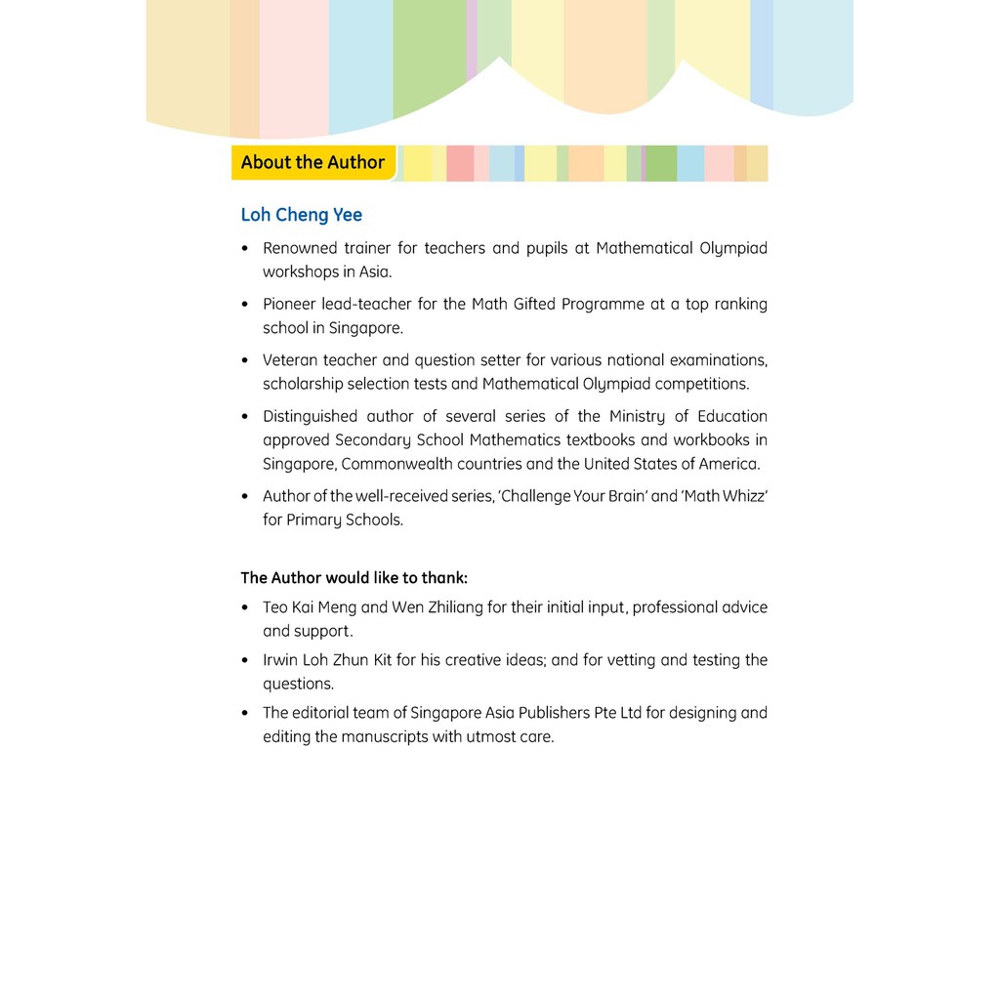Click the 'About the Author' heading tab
(x=312, y=163)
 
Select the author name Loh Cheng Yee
(x=301, y=215)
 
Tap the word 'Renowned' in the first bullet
(x=300, y=248)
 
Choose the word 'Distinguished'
(x=311, y=416)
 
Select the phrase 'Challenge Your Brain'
(x=573, y=496)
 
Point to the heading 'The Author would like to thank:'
(x=354, y=578)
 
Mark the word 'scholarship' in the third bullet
(x=304, y=384)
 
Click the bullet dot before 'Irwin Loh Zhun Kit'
(x=245, y=661)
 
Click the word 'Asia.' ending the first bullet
(x=374, y=271)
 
